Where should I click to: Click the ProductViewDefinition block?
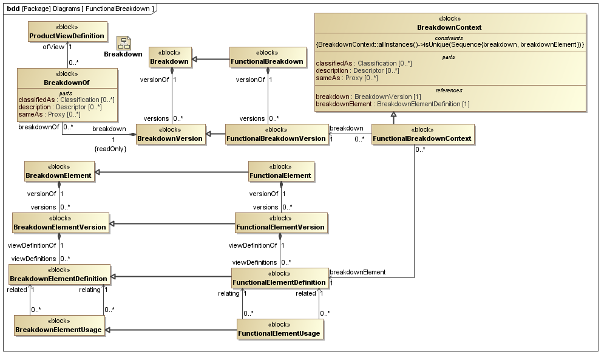67,32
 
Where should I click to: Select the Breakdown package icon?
124,42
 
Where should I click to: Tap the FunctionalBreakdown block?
268,58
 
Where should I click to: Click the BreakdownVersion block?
170,134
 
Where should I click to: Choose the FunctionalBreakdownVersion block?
276,134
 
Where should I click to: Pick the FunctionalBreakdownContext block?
422,134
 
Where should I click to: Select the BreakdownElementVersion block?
60,223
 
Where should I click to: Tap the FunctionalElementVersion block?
281,223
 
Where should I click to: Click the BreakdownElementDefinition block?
59,274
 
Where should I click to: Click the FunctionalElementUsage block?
279,329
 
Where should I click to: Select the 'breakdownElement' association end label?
357,272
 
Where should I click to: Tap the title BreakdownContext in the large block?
449,27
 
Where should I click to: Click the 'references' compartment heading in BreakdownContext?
449,90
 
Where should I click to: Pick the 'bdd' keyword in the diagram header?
12,7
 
